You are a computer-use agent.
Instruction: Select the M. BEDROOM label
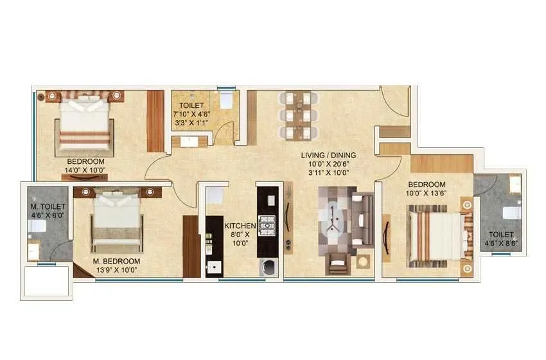pos(116,261)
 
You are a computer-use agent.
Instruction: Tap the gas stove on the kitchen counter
pos(266,225)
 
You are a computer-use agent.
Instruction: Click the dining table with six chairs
pos(297,115)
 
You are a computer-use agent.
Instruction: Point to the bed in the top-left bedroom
pos(86,123)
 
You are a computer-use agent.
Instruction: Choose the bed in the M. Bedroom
pos(117,219)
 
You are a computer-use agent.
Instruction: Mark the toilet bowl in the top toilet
pos(225,100)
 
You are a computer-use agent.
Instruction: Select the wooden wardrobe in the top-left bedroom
pos(155,121)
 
